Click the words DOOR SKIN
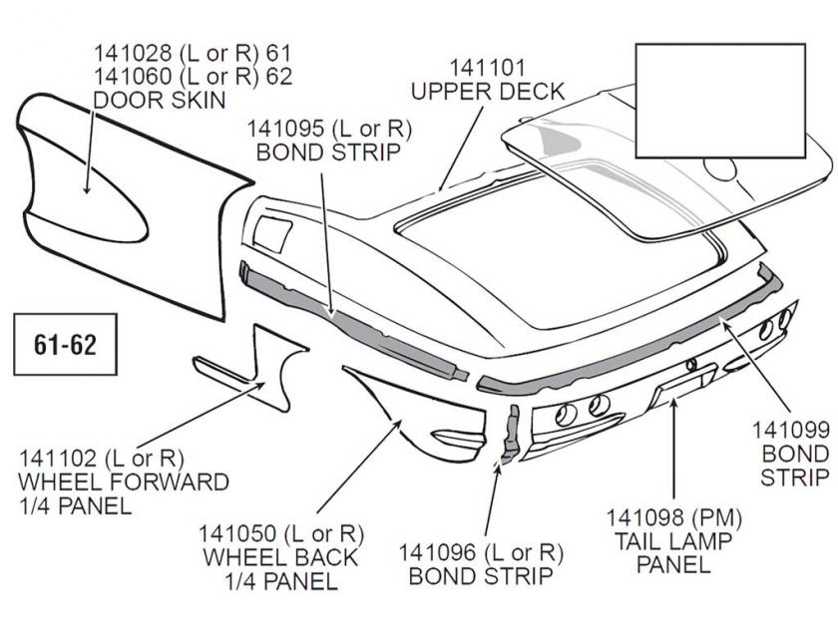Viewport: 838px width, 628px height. [x=159, y=100]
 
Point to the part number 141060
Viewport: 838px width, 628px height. [x=132, y=76]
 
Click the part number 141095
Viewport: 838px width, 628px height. [x=285, y=129]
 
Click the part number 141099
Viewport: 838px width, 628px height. [x=792, y=431]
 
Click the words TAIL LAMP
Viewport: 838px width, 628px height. [x=668, y=541]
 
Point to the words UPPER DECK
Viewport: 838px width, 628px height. [x=488, y=93]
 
